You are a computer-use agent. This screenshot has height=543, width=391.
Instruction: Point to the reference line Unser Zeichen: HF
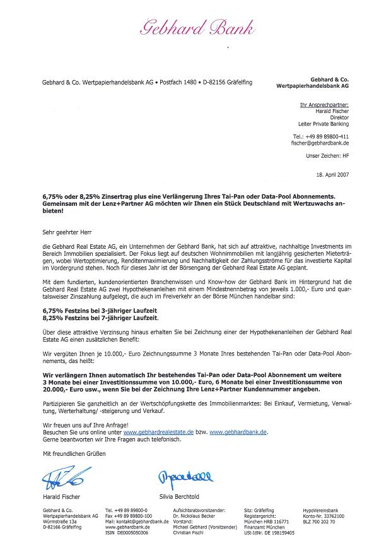(x=327, y=155)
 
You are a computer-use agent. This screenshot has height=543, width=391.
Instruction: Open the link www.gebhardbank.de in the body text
(x=238, y=432)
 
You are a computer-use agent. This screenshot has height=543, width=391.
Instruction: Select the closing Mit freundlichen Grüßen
(x=74, y=455)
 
